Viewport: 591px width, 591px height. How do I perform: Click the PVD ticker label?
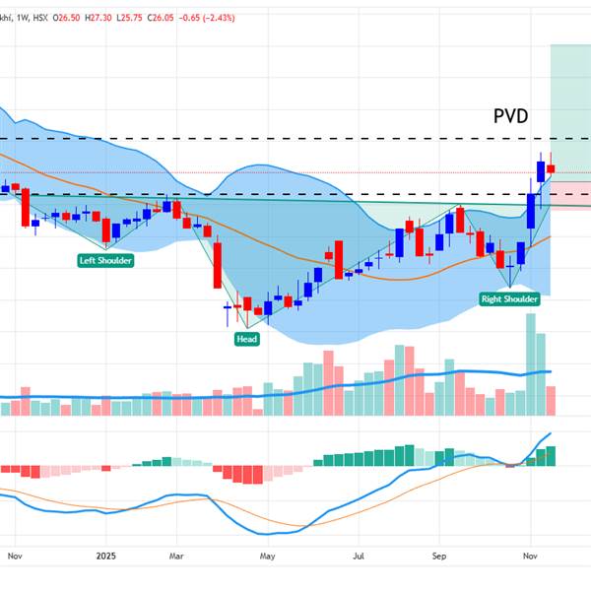click(x=510, y=116)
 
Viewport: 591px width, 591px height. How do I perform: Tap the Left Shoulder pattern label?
click(x=106, y=260)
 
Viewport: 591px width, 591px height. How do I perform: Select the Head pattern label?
click(x=246, y=339)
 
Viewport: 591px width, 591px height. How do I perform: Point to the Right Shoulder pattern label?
click(x=509, y=298)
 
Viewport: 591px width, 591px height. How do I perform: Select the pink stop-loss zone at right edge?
click(x=569, y=194)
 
